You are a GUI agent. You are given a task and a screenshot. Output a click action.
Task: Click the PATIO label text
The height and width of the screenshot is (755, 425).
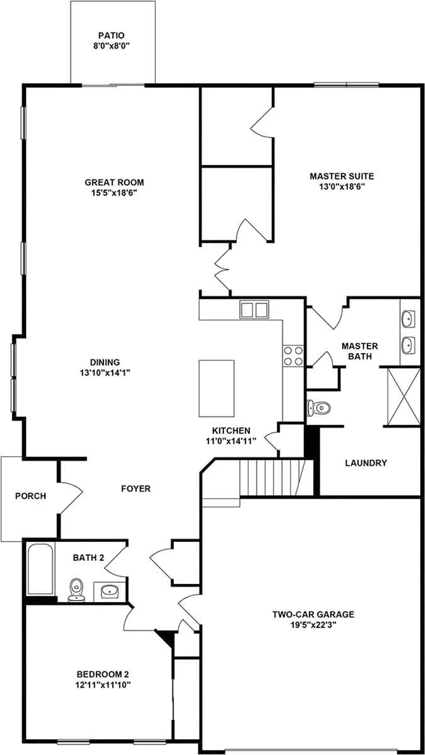(111, 36)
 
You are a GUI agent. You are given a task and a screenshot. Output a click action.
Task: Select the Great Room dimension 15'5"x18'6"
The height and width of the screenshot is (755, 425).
(114, 192)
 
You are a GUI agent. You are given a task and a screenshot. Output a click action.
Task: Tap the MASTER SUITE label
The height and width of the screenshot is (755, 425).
(341, 176)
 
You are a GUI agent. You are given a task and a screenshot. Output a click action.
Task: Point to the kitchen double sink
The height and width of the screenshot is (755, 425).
(254, 310)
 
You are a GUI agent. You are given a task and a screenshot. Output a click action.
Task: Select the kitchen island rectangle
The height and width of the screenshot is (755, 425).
(216, 388)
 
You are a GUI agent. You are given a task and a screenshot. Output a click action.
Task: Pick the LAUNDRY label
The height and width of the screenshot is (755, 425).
(366, 463)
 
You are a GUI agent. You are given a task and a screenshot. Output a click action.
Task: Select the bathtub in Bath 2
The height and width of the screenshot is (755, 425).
(41, 569)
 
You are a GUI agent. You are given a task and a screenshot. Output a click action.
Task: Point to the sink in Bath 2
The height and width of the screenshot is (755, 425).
(109, 590)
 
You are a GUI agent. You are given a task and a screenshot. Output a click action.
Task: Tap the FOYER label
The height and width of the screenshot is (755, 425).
(136, 489)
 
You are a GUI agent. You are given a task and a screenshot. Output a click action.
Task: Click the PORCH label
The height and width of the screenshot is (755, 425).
(30, 496)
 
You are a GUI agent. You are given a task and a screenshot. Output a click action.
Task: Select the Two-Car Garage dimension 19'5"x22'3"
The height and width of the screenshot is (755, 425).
(313, 624)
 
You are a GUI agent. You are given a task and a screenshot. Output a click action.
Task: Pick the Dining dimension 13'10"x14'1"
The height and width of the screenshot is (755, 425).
(105, 373)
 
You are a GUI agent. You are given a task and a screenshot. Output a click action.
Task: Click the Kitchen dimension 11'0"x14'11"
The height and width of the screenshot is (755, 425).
(231, 441)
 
